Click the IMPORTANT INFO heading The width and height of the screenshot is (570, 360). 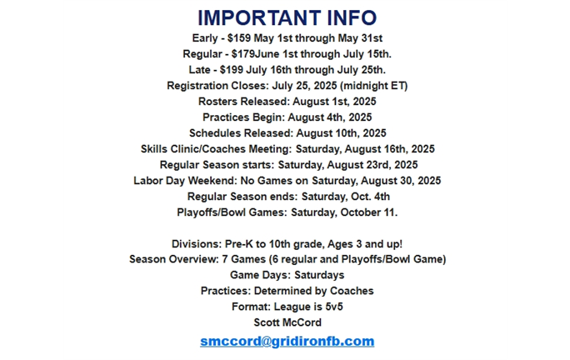coord(287,17)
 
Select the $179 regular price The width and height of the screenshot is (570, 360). coord(245,54)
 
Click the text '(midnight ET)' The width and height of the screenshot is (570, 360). coord(373,86)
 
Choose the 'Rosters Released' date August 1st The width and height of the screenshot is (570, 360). coord(335,102)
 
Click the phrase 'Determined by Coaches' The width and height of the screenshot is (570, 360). coord(323,291)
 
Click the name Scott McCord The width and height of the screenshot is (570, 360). coord(287,322)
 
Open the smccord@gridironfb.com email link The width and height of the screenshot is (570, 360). coord(287,342)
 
